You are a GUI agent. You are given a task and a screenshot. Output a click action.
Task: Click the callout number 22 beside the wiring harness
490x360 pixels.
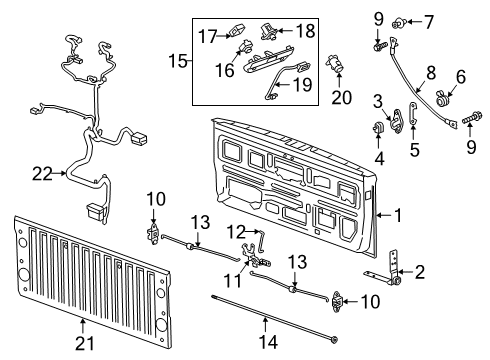(x=42, y=173)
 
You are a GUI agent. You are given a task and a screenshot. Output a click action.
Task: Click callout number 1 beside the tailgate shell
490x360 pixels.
(x=397, y=213)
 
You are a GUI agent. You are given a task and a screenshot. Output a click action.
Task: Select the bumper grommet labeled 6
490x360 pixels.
(x=442, y=99)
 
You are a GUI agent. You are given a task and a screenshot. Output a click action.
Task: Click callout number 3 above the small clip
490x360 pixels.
(x=378, y=101)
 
